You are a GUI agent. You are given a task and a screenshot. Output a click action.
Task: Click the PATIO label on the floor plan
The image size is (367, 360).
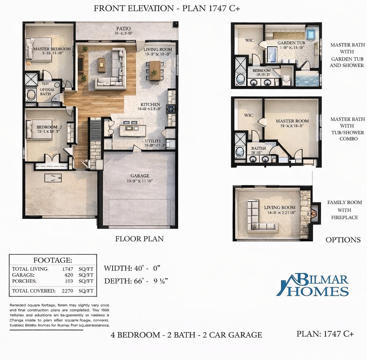point(123,29)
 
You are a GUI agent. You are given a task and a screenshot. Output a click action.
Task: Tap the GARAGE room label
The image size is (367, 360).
point(140,176)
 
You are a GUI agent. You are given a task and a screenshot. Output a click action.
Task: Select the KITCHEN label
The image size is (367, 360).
point(150,104)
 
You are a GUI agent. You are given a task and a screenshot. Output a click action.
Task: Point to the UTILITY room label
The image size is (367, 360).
point(153,141)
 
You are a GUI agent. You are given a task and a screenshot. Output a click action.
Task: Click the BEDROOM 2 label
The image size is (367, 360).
point(49,127)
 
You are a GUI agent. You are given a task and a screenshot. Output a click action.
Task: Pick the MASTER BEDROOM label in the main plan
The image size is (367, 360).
point(52,49)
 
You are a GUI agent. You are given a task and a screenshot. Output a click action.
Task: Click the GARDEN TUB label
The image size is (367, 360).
point(291,43)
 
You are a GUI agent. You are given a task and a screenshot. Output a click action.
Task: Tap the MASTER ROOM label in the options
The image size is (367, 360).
point(292,121)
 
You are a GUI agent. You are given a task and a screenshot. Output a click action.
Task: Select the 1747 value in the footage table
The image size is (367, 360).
point(67,269)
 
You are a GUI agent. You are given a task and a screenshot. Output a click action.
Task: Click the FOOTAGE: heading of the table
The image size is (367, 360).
point(53,260)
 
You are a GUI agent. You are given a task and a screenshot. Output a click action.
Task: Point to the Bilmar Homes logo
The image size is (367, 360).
point(312,285)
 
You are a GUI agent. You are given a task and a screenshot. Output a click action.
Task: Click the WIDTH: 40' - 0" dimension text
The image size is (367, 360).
point(132,268)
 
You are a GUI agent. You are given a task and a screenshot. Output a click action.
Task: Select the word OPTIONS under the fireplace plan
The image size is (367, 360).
point(343,240)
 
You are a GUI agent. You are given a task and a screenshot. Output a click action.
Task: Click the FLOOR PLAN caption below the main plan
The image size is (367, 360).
point(139,239)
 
